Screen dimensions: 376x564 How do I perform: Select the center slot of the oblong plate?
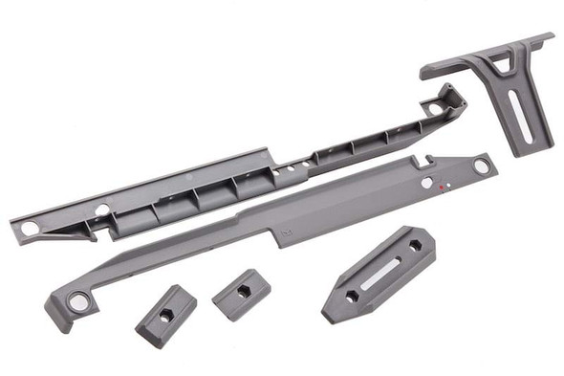(380, 276)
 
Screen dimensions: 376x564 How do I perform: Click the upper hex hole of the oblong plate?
(415, 246)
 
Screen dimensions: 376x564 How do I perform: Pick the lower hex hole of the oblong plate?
(351, 297)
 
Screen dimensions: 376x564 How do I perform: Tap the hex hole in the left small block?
(166, 315)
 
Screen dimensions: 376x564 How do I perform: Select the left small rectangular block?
(165, 316)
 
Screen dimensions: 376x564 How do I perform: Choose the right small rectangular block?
(241, 295)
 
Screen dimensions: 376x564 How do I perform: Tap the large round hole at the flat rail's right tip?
(481, 166)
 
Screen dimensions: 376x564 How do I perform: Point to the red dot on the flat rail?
(440, 188)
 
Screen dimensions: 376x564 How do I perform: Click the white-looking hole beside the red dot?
(426, 182)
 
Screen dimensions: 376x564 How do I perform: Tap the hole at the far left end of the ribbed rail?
(29, 229)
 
